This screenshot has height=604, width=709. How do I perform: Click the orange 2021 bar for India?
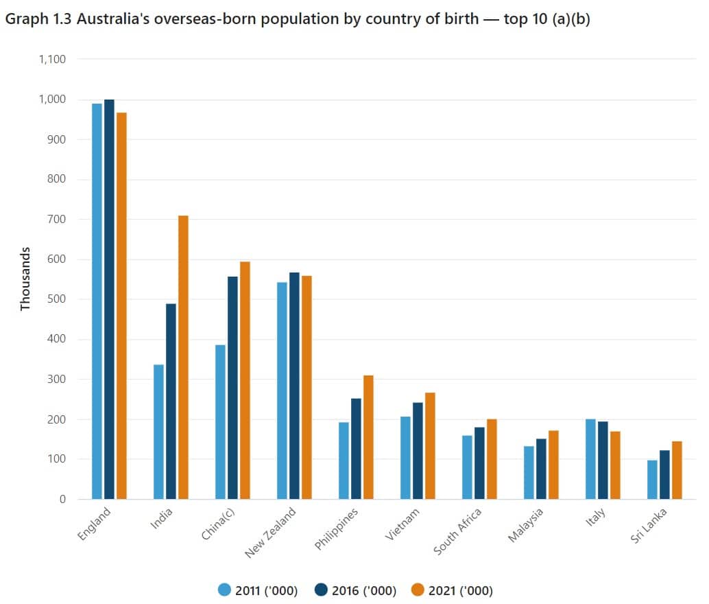pos(183,357)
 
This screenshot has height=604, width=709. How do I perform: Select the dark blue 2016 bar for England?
pos(109,299)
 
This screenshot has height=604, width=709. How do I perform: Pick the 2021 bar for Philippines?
pos(368,437)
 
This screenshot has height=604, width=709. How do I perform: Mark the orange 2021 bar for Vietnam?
pos(430,445)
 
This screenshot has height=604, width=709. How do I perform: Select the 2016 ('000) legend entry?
pos(355,590)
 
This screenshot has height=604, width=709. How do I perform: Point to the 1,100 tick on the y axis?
pos(53,60)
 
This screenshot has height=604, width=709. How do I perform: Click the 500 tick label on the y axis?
pos(57,299)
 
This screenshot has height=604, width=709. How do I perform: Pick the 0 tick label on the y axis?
pos(62,499)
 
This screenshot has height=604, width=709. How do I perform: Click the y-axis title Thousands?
pos(26,279)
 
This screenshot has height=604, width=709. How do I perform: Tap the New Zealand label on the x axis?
pos(272,533)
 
